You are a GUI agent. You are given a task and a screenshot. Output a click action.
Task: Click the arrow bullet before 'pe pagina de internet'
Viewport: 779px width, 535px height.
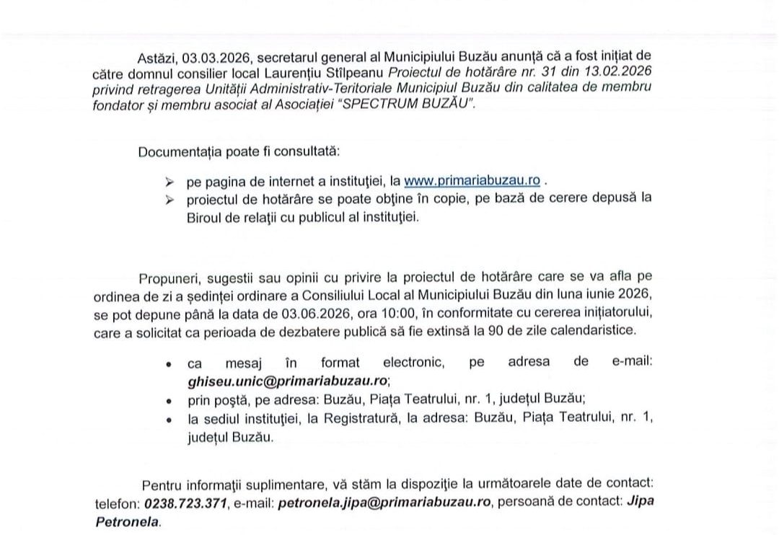[170, 182]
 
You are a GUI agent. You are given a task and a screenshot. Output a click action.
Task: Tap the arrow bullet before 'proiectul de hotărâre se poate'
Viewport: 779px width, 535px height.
[170, 199]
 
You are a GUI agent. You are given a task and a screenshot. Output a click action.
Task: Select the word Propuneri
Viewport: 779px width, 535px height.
[169, 278]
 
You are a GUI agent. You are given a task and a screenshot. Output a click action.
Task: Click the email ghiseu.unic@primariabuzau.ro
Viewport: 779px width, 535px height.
[288, 380]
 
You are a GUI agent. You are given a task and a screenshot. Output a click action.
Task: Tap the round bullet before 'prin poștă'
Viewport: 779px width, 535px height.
[169, 400]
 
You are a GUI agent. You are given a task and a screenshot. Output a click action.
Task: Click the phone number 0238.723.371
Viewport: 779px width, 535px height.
[186, 502]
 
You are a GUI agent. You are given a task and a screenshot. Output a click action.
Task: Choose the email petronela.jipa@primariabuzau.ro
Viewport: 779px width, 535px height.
[384, 502]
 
